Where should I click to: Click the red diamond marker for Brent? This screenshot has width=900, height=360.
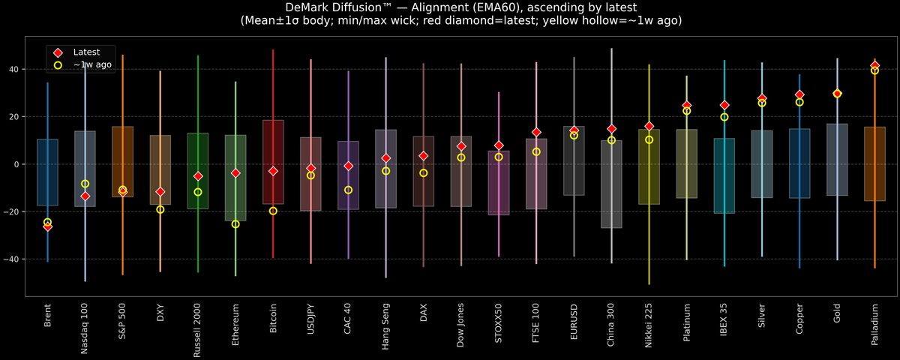pos(47,226)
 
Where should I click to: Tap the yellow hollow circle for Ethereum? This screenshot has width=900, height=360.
pos(235,224)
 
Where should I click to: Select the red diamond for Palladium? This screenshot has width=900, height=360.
pos(874,65)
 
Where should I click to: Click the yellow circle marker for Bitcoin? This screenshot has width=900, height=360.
pos(273,211)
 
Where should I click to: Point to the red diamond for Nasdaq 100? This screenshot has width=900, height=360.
pos(85,196)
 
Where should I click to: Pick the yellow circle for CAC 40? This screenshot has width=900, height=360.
pos(348,190)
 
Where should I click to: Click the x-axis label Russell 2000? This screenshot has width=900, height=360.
pos(198,330)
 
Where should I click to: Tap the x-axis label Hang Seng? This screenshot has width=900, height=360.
pos(385,326)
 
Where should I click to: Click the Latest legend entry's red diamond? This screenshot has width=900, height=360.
pos(57,52)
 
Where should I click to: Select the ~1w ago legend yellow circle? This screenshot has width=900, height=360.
pos(57,65)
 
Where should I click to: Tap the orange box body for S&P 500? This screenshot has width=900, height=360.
pos(122,161)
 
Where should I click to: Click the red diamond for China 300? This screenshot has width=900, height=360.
pos(611,129)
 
